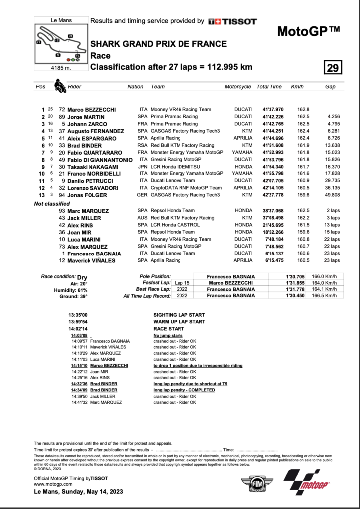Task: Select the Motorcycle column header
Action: [x=238, y=86]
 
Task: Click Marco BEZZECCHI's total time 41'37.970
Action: [x=269, y=109]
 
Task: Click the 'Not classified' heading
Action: [x=52, y=204]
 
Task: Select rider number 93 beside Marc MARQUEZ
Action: [x=62, y=211]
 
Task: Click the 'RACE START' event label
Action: [x=169, y=329]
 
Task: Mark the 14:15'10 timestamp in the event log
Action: [x=80, y=365]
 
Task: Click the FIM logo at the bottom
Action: [x=257, y=483]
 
